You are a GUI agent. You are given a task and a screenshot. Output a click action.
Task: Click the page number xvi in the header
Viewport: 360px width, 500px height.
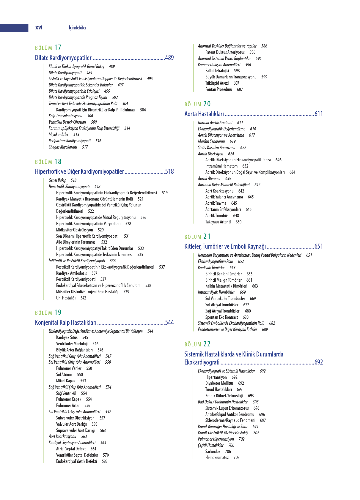39,28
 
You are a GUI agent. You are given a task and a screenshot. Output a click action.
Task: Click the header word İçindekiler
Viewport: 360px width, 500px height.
78,28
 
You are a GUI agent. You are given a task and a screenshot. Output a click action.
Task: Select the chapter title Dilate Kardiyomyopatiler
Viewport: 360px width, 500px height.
63,58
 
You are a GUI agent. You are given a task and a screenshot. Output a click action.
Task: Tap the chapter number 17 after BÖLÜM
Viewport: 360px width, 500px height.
58,48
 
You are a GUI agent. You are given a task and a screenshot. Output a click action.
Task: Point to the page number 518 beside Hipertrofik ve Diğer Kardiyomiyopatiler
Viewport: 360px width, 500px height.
169,171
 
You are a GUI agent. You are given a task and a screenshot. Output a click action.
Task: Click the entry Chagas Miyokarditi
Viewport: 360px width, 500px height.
63,147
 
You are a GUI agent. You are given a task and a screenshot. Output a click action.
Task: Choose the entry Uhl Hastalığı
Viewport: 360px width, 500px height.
66,298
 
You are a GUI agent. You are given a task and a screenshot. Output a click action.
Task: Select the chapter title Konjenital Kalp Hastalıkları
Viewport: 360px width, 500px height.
66,322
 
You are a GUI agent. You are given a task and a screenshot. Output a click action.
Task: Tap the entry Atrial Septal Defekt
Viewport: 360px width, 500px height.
71,449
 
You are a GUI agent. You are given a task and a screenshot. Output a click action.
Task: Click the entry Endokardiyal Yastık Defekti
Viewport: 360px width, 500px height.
77,461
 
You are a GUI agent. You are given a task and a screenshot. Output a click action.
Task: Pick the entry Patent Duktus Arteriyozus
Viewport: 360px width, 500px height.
225,52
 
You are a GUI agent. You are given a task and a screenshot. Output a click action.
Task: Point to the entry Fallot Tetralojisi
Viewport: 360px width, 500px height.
217,71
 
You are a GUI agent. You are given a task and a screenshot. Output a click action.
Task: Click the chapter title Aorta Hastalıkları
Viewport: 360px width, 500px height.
204,114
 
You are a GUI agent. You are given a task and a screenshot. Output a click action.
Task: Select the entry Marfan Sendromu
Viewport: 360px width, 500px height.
211,141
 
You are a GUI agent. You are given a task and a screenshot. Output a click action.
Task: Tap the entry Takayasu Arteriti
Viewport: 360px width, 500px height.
218,222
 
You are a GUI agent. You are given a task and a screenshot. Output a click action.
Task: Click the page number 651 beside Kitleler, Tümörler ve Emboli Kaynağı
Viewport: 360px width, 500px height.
319,246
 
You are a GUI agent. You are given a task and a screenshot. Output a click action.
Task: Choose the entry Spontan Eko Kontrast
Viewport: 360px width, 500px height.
221,317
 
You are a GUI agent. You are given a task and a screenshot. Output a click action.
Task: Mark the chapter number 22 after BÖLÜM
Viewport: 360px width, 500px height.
207,344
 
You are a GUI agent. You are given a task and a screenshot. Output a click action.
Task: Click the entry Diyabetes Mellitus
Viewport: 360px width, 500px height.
219,383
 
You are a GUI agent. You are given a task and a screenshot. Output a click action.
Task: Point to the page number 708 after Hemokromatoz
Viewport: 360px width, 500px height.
236,458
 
